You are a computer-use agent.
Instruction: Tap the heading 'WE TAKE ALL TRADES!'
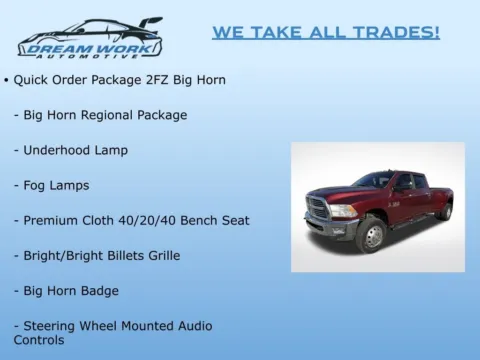(x=325, y=32)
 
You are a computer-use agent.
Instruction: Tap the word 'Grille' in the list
(x=161, y=255)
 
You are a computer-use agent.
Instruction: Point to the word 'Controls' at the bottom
(x=39, y=340)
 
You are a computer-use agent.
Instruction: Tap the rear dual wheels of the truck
(x=444, y=211)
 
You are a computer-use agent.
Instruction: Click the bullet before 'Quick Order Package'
(x=6, y=80)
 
